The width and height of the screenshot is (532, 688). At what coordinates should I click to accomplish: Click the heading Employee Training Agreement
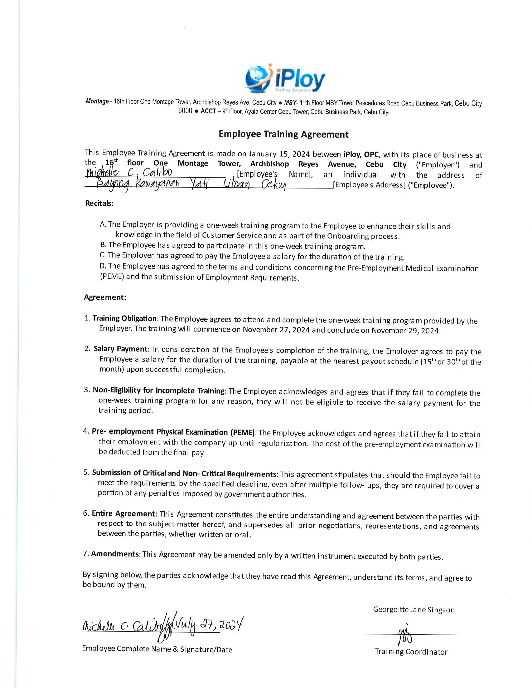pos(284,134)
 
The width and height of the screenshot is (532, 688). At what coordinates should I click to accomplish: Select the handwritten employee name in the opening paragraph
pos(129,173)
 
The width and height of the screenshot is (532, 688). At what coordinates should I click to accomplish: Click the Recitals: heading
pos(99,203)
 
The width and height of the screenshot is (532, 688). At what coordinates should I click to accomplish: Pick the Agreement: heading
pos(105,297)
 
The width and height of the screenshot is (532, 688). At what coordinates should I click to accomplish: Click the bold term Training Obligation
pos(125,319)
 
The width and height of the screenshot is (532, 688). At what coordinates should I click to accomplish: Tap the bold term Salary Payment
pos(120,349)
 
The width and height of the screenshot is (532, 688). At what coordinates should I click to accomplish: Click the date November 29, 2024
pos(406,330)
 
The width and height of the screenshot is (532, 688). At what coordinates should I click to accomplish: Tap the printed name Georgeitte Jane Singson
pos(414,610)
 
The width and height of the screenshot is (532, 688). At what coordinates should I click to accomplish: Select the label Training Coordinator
pos(411,652)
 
